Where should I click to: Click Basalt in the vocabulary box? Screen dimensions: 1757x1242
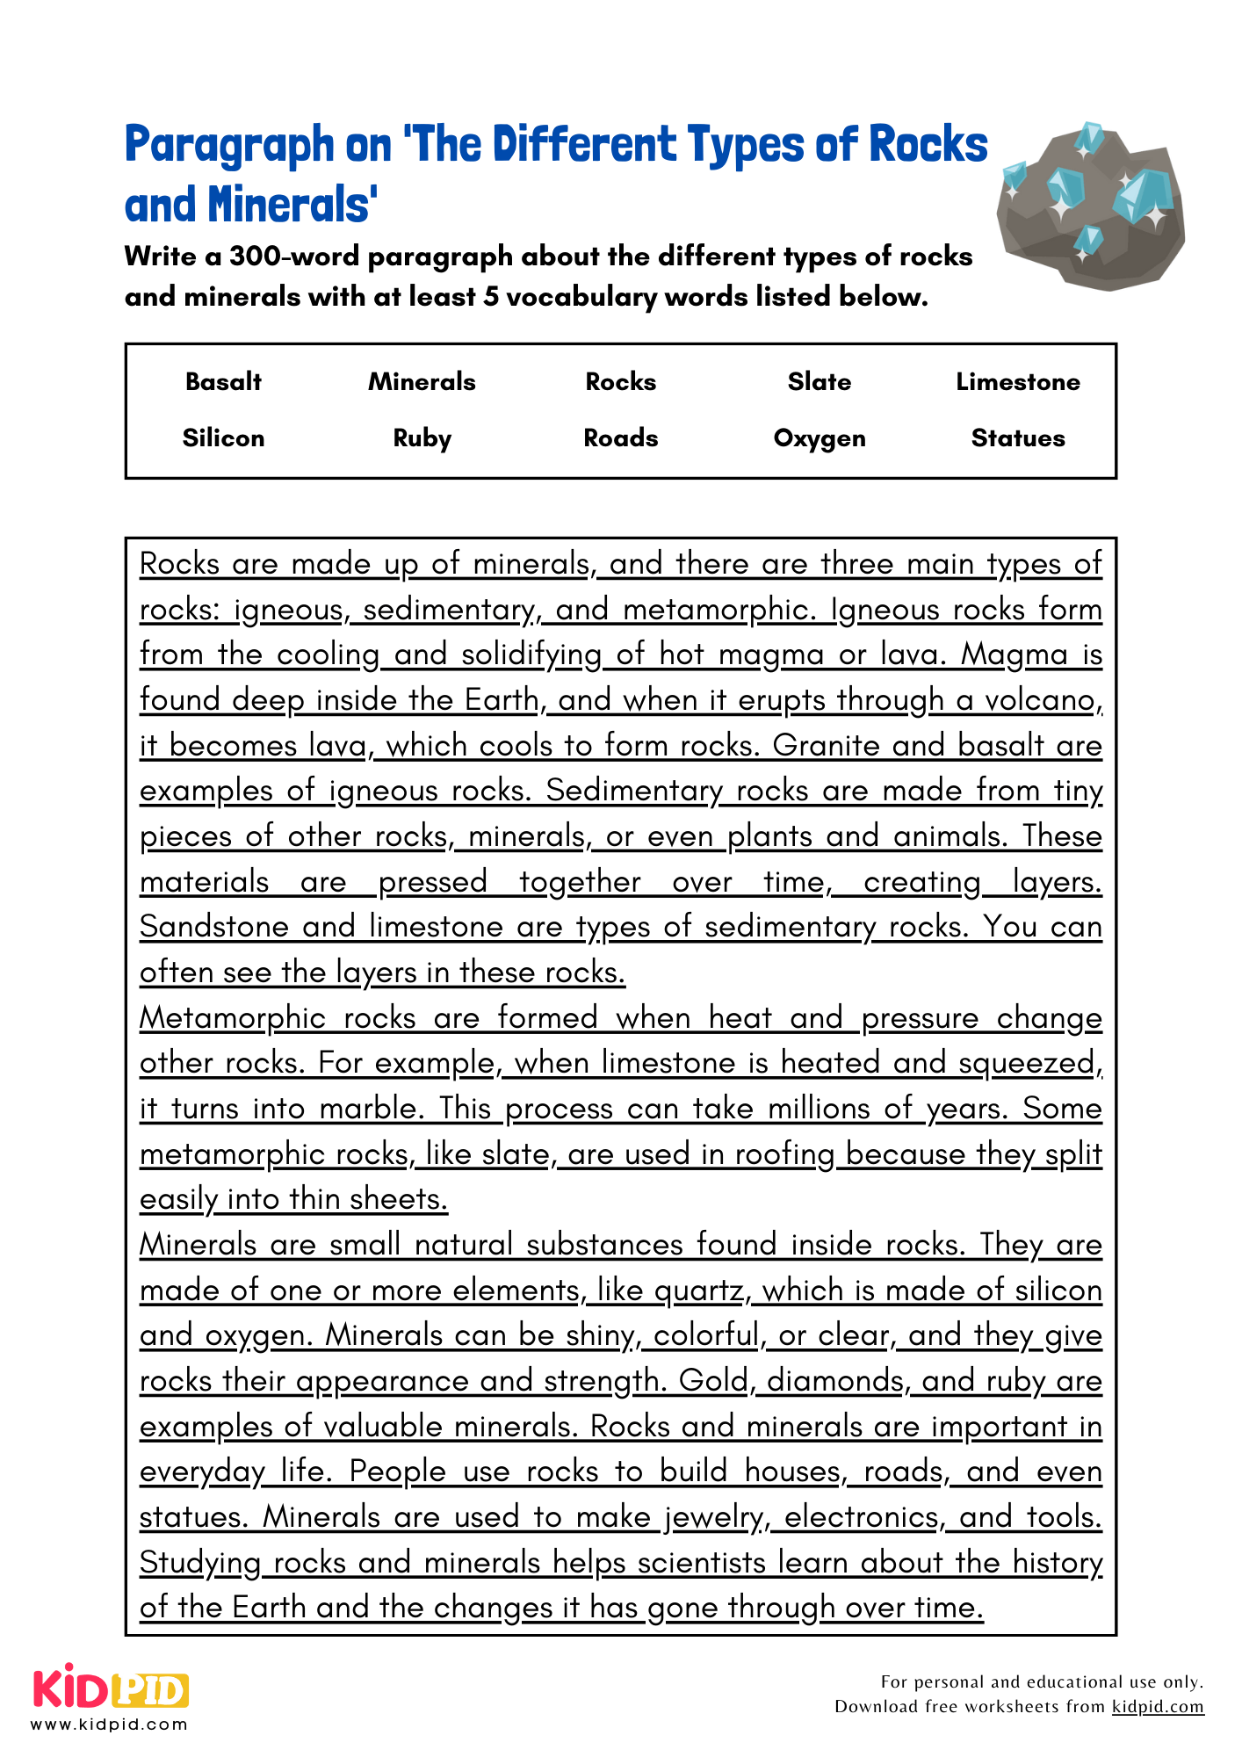[x=223, y=381]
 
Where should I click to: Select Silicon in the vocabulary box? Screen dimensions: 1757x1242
[x=223, y=437]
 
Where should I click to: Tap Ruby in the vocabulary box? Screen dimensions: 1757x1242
[x=422, y=437]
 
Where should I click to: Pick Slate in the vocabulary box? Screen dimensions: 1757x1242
[x=819, y=381]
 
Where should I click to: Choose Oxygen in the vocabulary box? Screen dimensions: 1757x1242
[x=819, y=437]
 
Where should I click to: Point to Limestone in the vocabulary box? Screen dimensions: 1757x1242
[x=1018, y=381]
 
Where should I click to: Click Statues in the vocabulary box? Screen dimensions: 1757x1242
[x=1018, y=437]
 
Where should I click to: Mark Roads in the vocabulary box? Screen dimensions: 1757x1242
[x=621, y=437]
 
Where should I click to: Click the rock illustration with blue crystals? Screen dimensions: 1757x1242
[x=1090, y=206]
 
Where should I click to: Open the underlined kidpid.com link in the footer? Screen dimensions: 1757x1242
[x=1158, y=1706]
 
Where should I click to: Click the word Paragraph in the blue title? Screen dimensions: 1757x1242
[x=229, y=145]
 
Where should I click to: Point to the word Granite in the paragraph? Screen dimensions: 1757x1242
[x=826, y=746]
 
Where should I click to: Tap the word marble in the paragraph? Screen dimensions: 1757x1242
[x=367, y=1109]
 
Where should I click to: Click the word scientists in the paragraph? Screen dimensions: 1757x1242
[x=702, y=1563]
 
